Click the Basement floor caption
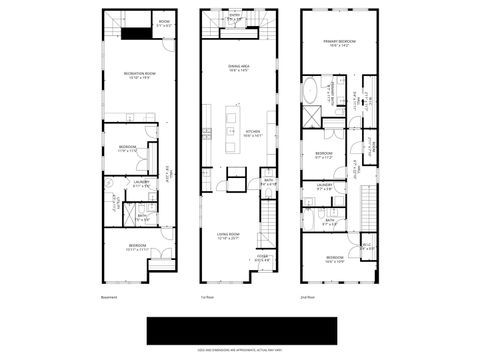coord(109,297)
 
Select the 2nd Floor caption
coord(308,297)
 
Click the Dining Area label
coord(237,68)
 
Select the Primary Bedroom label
coord(339,43)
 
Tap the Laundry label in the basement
coord(141,184)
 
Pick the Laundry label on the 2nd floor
coord(325,186)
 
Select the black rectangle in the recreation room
coord(136,32)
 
